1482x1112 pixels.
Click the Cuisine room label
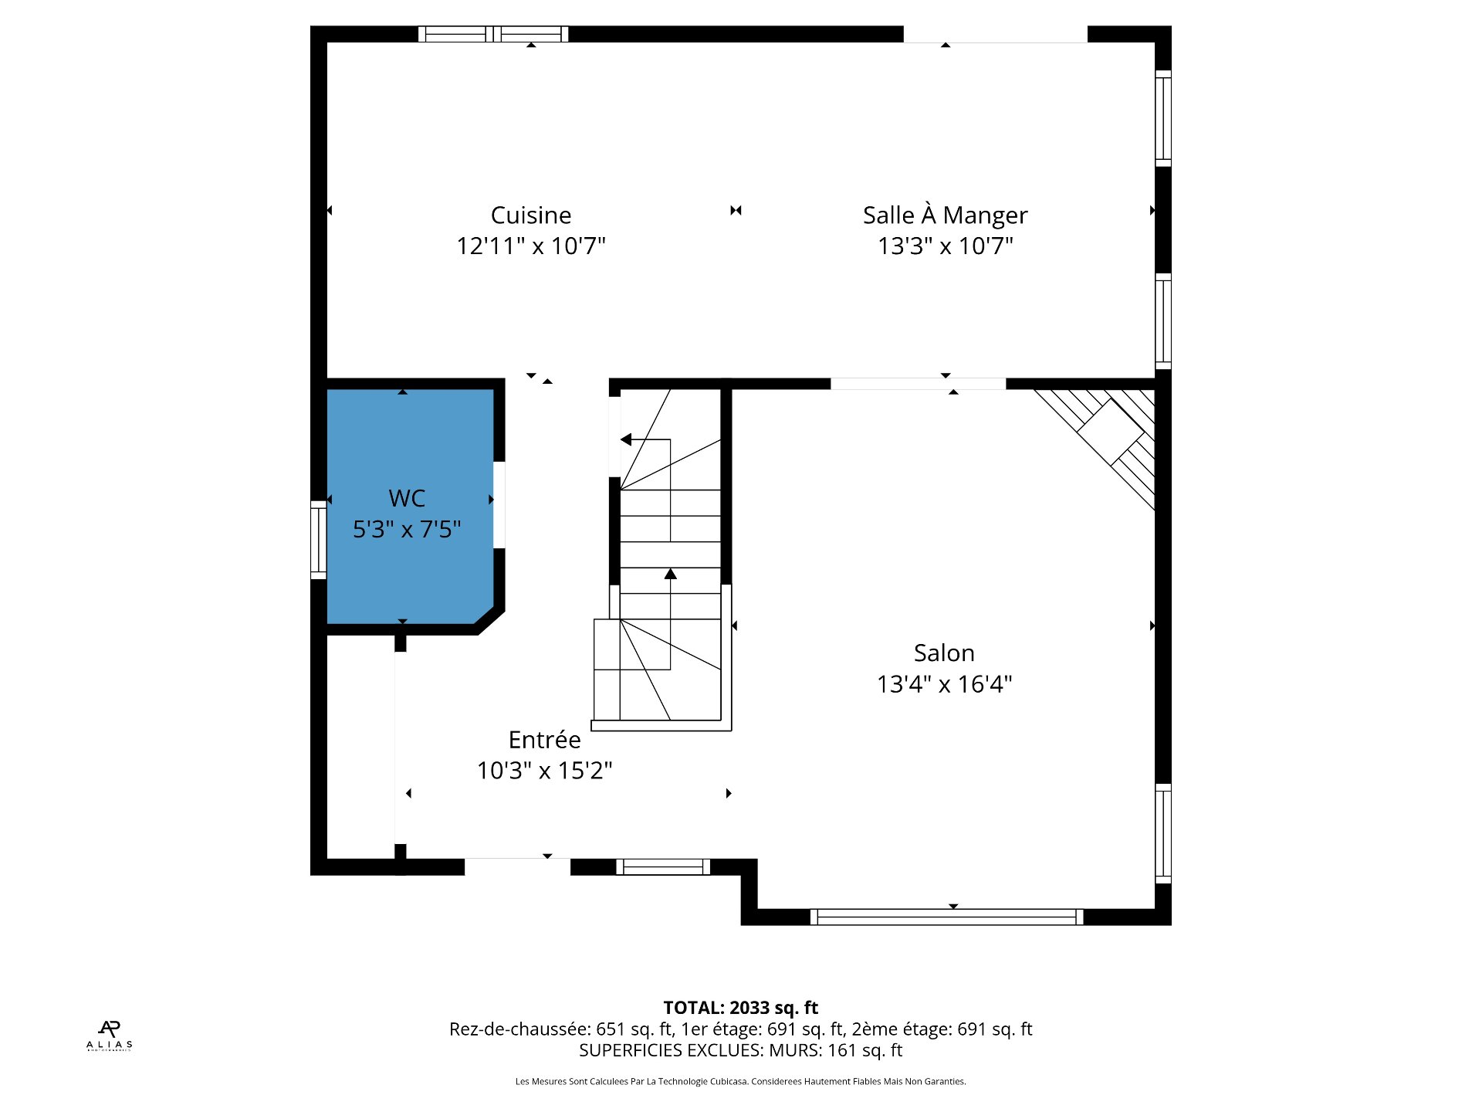(x=531, y=215)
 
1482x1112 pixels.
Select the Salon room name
(x=944, y=653)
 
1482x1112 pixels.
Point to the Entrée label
(x=544, y=739)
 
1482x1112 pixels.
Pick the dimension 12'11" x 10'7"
(x=531, y=246)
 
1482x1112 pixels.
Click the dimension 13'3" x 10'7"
(x=945, y=246)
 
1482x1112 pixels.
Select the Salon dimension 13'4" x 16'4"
(x=944, y=683)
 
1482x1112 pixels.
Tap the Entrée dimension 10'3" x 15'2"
(x=544, y=770)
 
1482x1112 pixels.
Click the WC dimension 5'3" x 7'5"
(x=407, y=529)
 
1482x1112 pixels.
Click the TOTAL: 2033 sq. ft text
(x=740, y=1007)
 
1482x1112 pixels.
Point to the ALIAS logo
(x=110, y=1036)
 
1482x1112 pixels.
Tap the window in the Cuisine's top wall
(x=493, y=34)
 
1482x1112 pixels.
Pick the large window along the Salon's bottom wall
(x=946, y=917)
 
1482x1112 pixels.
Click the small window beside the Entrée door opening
(x=663, y=866)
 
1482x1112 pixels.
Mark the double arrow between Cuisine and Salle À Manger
(x=736, y=210)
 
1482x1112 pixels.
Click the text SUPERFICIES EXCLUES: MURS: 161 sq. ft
(x=740, y=1050)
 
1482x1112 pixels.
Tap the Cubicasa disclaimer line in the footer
(x=740, y=1081)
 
